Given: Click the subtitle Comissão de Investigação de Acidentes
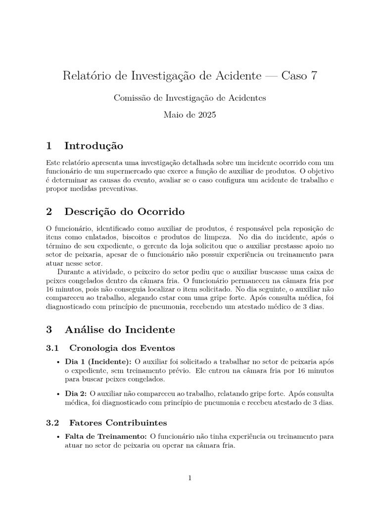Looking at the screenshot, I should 190,98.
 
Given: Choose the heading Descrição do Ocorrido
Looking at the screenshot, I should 124,212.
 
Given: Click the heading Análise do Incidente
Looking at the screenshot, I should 119,329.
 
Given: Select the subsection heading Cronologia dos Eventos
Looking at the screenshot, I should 122,348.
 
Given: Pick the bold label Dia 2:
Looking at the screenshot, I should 76,393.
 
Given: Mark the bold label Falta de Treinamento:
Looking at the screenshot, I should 106,436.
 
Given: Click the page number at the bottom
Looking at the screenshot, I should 190,478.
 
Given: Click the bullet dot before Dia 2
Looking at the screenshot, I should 59,394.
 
